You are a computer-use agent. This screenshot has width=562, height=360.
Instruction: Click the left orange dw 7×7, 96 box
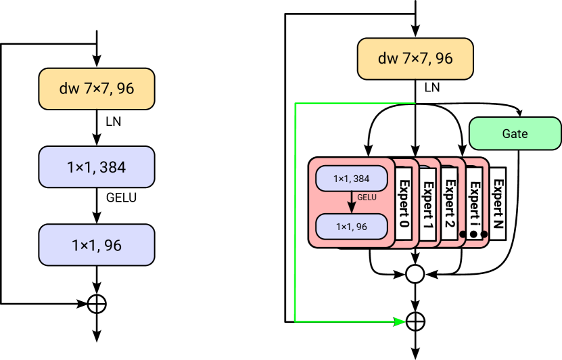(97, 89)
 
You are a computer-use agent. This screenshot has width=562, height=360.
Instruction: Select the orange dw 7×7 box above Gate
(415, 59)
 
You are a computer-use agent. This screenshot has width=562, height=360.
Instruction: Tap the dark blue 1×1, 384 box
(97, 166)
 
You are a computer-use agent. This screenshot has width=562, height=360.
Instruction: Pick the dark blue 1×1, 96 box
(97, 245)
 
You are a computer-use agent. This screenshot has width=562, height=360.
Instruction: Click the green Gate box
(515, 133)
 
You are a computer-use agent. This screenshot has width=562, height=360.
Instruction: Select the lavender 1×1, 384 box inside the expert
(352, 179)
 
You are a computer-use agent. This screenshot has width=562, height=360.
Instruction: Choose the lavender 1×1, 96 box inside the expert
(352, 227)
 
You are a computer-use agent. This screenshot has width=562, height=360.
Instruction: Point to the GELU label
(367, 198)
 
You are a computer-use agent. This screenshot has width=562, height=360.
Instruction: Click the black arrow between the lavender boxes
(352, 202)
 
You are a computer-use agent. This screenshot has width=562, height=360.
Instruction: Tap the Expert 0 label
(404, 204)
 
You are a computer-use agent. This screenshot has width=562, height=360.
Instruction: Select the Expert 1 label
(427, 204)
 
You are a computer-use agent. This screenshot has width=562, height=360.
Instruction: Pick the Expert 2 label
(449, 204)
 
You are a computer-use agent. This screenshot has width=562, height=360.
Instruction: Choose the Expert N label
(498, 204)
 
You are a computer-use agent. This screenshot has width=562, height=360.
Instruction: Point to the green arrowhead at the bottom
(399, 321)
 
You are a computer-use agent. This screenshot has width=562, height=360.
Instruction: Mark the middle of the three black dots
(473, 234)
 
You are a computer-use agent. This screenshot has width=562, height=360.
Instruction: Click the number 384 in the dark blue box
(112, 166)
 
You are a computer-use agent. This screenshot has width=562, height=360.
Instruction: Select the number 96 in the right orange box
(444, 59)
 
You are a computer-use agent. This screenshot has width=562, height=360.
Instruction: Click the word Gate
(515, 133)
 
